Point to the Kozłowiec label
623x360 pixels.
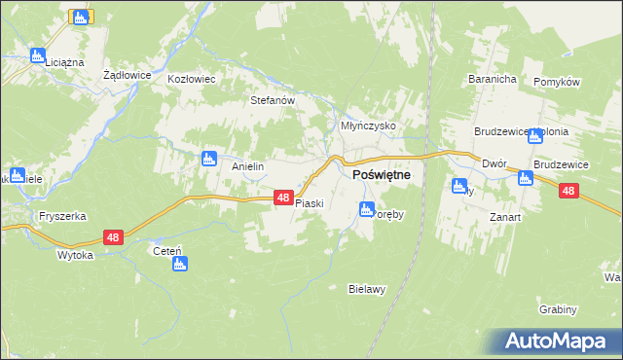(x=191, y=79)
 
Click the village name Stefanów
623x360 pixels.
(x=273, y=99)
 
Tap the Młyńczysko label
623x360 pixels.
(x=367, y=126)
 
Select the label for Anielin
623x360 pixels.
(x=248, y=166)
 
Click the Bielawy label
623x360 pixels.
(x=368, y=289)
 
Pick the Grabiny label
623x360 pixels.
(x=558, y=309)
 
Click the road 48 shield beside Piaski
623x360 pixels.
(x=282, y=198)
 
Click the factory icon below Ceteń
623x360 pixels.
(x=179, y=264)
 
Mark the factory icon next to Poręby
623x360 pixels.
(x=367, y=209)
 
